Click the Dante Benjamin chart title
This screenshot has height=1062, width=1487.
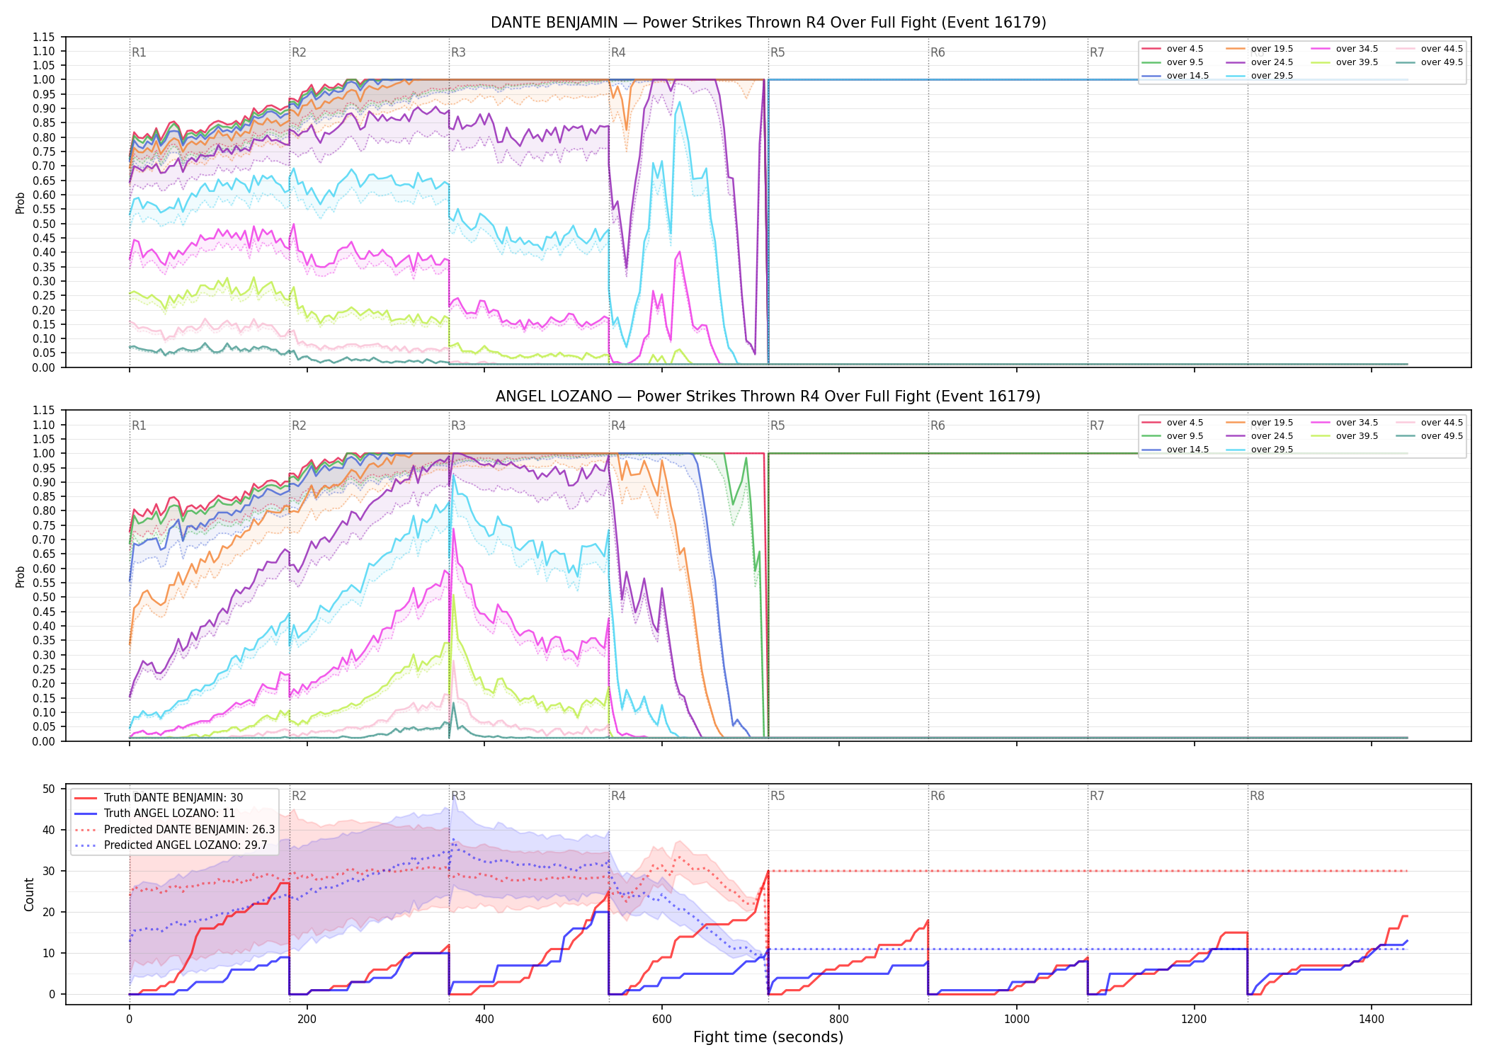(768, 23)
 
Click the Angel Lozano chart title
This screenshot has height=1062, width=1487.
(768, 396)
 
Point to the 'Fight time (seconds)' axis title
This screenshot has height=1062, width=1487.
(768, 1037)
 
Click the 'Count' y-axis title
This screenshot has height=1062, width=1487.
(29, 895)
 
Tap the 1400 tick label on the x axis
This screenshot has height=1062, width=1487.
(1372, 1020)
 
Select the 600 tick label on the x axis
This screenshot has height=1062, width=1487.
(661, 1020)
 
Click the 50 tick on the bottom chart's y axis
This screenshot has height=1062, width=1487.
(49, 789)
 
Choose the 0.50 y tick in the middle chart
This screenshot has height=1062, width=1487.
(44, 597)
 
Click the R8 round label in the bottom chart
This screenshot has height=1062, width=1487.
(1257, 796)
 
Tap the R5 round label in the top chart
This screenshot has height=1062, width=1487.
(777, 52)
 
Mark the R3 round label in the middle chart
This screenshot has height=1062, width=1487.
(458, 426)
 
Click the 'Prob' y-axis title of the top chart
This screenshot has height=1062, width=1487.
(21, 203)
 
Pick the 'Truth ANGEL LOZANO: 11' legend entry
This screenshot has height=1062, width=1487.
(154, 813)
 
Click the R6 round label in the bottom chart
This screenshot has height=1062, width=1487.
(938, 796)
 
